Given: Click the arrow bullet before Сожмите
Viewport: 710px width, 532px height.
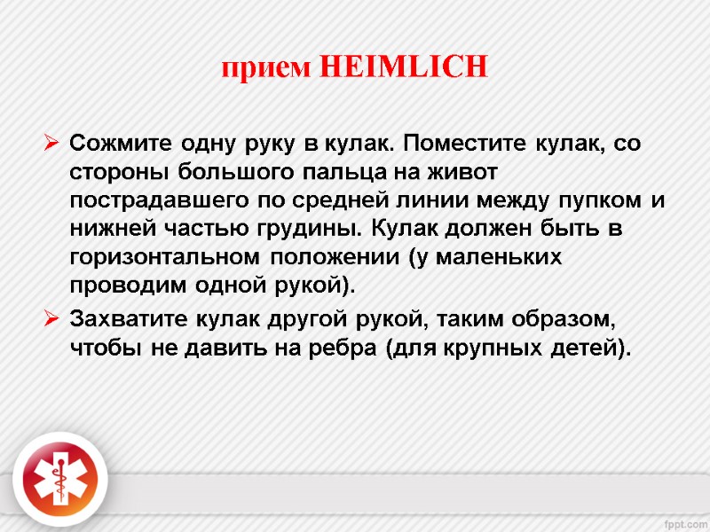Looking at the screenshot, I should tap(51, 142).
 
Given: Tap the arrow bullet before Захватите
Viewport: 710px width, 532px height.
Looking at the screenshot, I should tap(51, 317).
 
